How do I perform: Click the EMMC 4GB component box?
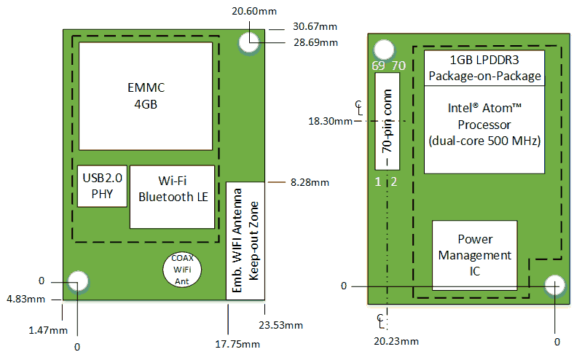click(146, 96)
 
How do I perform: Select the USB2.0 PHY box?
click(102, 186)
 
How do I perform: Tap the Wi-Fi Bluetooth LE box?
click(172, 197)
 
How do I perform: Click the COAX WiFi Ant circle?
click(182, 270)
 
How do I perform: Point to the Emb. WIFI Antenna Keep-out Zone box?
click(245, 241)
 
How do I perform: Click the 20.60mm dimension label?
click(254, 11)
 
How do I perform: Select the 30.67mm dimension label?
click(315, 26)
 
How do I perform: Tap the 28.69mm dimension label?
click(315, 42)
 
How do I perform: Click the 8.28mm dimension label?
click(310, 182)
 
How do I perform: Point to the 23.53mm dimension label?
click(280, 325)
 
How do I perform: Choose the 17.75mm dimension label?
click(237, 344)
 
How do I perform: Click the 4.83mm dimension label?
click(26, 300)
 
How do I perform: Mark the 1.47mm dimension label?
click(48, 330)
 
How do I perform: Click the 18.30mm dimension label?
click(330, 121)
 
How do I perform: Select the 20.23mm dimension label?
click(396, 341)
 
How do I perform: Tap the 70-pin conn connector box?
click(388, 121)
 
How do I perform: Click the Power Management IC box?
click(475, 255)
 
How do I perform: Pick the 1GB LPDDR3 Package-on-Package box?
click(484, 68)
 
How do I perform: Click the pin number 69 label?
click(378, 66)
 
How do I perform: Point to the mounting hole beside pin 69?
click(384, 50)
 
